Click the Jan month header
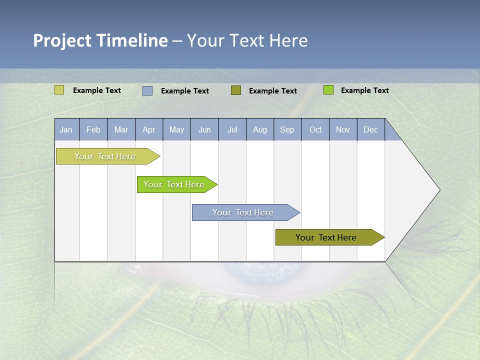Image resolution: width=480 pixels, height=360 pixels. [x=66, y=129]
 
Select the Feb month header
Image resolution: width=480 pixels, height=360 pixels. [x=93, y=129]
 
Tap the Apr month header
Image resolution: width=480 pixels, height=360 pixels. [x=149, y=129]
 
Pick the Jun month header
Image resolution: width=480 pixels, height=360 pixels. [x=204, y=129]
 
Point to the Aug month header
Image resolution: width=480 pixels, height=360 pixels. [x=260, y=129]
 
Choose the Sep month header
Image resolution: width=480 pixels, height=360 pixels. [x=287, y=129]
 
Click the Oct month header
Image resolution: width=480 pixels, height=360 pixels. [x=315, y=129]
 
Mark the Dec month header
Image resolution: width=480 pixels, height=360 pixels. [x=371, y=129]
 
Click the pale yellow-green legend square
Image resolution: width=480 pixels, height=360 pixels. [x=59, y=90]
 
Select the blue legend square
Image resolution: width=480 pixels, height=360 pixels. [x=147, y=90]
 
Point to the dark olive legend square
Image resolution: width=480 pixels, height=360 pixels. [x=236, y=90]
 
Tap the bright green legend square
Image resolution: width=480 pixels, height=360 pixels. [x=328, y=90]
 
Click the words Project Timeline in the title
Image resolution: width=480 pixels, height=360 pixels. [x=100, y=40]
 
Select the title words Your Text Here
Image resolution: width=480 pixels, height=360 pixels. [x=247, y=40]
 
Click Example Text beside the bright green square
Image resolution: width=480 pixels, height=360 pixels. [x=364, y=90]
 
